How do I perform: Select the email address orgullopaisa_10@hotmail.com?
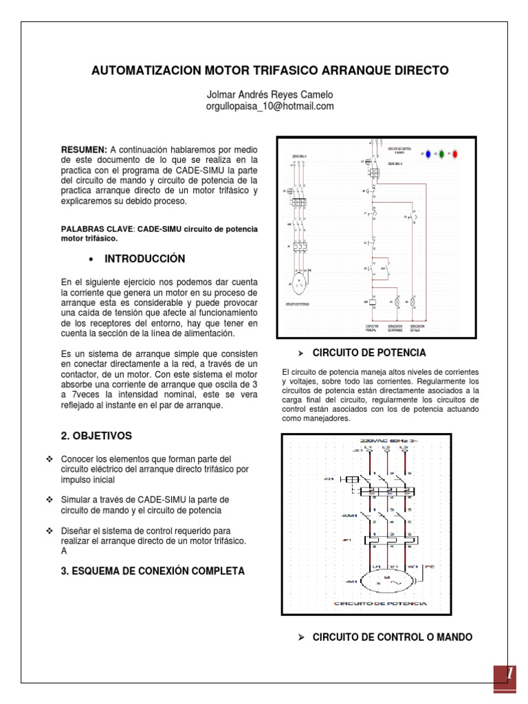[270, 106]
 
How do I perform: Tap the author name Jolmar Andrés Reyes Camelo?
[270, 94]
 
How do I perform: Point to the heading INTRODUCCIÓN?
[145, 258]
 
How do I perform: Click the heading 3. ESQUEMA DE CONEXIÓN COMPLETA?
[153, 571]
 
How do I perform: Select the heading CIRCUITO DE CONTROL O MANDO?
[392, 637]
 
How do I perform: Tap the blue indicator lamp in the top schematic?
[428, 153]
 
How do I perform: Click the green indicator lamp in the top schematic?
[441, 153]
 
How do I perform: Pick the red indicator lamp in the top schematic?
[455, 153]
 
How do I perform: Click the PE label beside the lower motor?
[430, 566]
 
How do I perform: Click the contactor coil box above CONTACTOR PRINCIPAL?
[367, 302]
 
